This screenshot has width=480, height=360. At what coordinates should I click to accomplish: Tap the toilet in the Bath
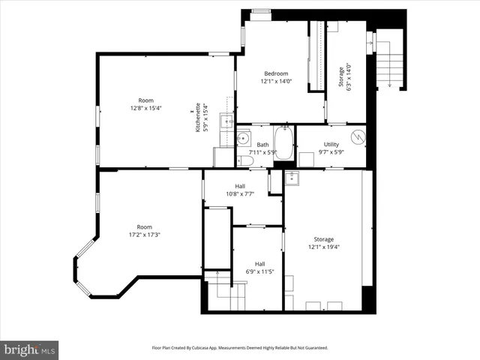tap(244, 160)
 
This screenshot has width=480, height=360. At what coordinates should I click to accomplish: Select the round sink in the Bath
tap(243, 138)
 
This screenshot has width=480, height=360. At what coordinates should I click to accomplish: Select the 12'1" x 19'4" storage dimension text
tap(324, 246)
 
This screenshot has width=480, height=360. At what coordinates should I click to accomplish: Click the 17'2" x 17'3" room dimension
tap(144, 235)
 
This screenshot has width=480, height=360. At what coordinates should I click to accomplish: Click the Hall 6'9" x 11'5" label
tap(259, 268)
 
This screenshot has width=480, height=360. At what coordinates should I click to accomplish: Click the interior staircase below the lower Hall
tap(225, 295)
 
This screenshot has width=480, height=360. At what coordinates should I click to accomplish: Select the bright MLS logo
tap(29, 349)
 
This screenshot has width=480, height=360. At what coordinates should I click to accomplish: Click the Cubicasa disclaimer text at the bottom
tap(240, 348)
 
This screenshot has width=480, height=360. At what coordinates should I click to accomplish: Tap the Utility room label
tap(331, 145)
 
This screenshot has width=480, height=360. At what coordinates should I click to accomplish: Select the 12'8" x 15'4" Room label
tap(145, 104)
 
